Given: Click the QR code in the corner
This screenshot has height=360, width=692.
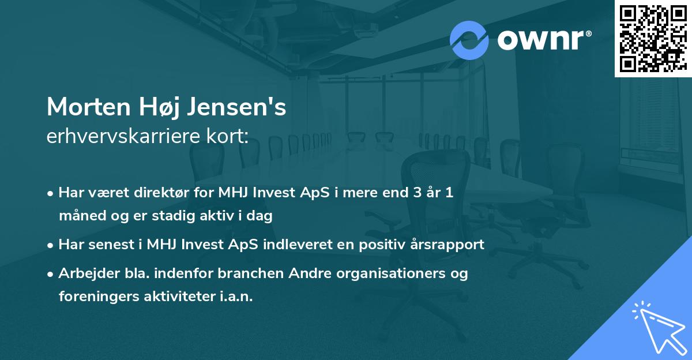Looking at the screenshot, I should pyautogui.click(x=653, y=38).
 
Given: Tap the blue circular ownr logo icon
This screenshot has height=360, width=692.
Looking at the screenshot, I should pyautogui.click(x=469, y=40).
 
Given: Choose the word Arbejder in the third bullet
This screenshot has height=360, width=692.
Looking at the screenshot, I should pyautogui.click(x=83, y=273).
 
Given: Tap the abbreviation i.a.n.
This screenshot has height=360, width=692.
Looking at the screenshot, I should pyautogui.click(x=237, y=297).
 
